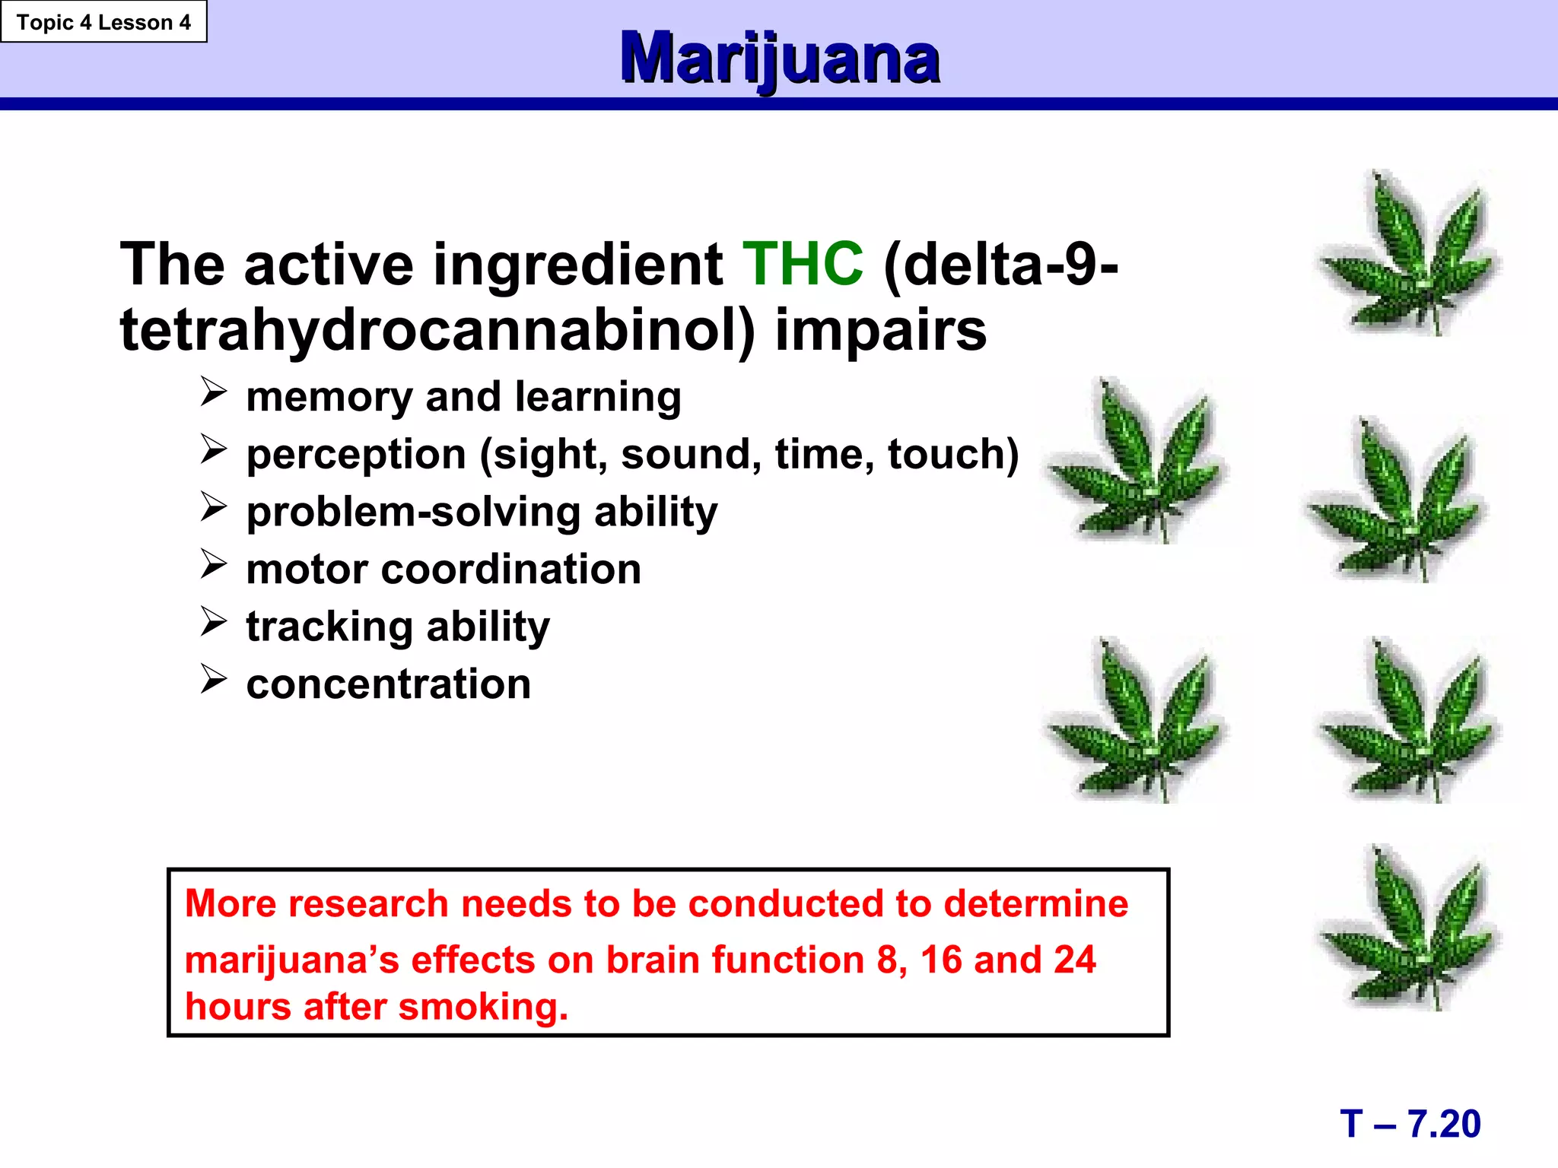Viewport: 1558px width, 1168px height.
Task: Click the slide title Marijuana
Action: pos(779,58)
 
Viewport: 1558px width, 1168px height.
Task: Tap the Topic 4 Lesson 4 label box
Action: pos(103,22)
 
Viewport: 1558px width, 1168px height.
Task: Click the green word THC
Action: pos(803,265)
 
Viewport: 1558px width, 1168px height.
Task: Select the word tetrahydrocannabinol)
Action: pos(437,331)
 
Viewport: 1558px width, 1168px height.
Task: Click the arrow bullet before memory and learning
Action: pos(214,392)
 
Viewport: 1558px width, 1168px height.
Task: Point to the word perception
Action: pos(356,455)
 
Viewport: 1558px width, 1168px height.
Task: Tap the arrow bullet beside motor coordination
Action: pos(214,564)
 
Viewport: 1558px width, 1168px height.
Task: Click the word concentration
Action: pos(389,684)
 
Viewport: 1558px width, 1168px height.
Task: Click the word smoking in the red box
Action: pos(482,1007)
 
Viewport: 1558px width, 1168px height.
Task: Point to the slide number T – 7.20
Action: pos(1410,1124)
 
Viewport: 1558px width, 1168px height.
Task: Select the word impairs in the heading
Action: pos(880,331)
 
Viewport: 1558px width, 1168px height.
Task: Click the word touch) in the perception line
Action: pos(952,455)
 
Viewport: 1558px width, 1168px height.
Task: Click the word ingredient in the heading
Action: pos(577,265)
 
